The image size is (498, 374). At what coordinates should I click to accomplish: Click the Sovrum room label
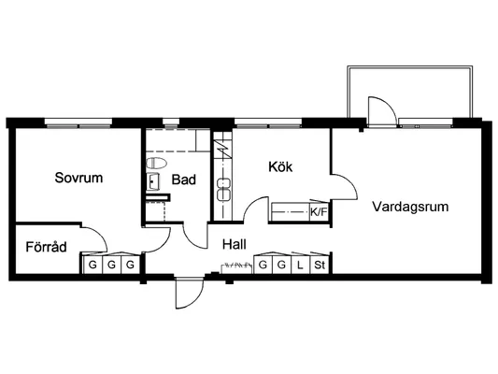tap(78, 178)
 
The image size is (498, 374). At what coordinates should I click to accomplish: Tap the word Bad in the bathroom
tap(183, 180)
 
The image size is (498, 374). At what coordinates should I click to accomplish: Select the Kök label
tap(280, 166)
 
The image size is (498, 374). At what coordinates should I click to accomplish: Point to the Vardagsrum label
tap(410, 207)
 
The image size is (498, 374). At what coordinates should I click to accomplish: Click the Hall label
tap(235, 244)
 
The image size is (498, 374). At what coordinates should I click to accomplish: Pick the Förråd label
tap(46, 247)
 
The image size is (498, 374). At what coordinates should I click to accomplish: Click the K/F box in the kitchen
tap(319, 212)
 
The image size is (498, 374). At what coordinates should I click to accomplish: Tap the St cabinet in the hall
tap(320, 265)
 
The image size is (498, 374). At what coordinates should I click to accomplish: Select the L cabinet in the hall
tap(301, 265)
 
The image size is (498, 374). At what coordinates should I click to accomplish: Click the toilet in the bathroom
tap(156, 164)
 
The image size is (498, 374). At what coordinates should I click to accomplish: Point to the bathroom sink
tap(153, 181)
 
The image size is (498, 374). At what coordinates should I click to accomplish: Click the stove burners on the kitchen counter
tap(223, 190)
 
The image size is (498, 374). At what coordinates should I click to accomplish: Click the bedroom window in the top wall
tap(78, 123)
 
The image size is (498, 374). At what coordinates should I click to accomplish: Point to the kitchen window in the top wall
tap(268, 123)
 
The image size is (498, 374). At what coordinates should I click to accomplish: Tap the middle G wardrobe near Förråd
tap(111, 265)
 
